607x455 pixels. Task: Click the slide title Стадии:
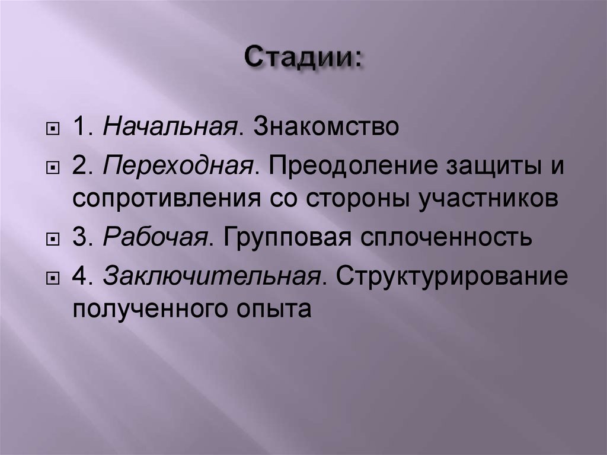[x=303, y=60]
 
